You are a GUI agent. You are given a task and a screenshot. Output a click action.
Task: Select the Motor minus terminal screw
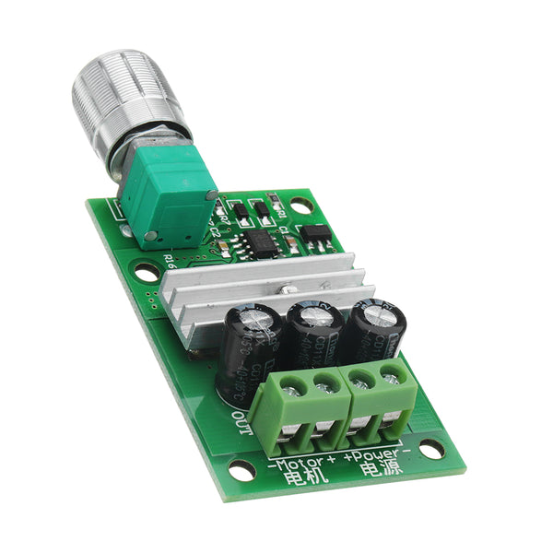(x=291, y=385)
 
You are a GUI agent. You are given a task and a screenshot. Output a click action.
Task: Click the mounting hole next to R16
(x=146, y=272)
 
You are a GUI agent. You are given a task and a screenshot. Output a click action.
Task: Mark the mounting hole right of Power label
(x=429, y=449)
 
